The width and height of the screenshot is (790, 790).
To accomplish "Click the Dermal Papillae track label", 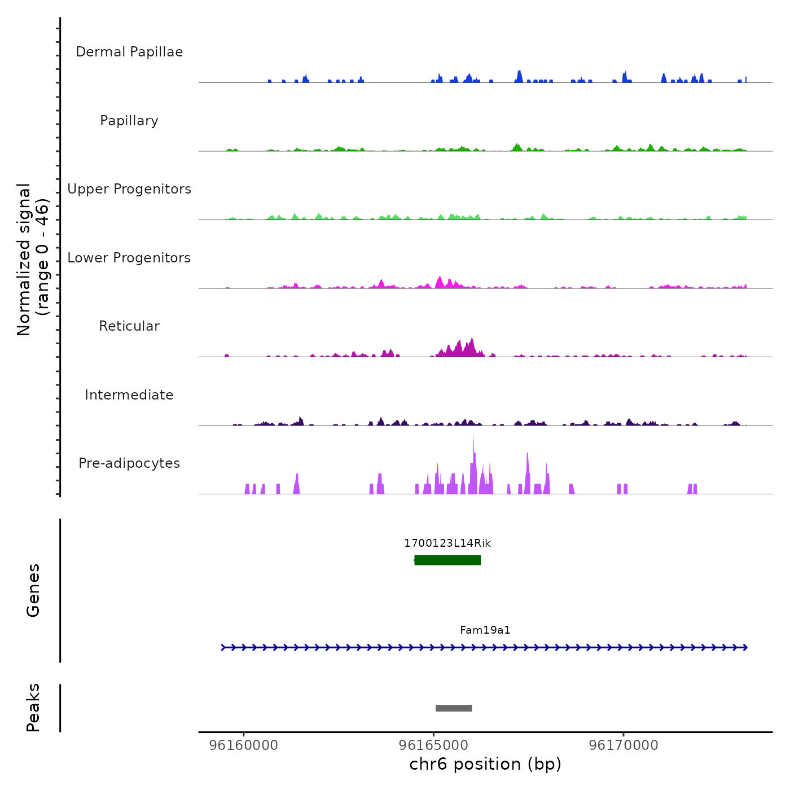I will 129,52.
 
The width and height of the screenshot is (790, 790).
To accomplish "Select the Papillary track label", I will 129,121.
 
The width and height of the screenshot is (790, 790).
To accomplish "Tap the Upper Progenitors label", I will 129,189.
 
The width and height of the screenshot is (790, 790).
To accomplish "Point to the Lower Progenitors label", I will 129,258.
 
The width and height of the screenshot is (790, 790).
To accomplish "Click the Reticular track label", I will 129,326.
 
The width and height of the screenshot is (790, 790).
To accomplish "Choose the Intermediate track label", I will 129,395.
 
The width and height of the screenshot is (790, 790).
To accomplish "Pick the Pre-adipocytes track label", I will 129,463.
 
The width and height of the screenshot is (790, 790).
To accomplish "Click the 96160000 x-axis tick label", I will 244,745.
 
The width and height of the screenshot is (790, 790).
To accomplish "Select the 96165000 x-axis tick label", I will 433,745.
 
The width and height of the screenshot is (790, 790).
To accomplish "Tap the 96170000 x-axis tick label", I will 624,745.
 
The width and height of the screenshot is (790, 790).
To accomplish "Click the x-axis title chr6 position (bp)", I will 485,764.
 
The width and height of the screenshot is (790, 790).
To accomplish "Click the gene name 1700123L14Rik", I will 447,543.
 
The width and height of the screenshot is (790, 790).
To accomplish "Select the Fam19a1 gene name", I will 485,630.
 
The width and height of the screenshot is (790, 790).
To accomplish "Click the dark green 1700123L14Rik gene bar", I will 447,560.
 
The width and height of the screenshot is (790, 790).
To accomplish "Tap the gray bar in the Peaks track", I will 454,708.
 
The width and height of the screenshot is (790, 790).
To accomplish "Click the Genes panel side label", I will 33,590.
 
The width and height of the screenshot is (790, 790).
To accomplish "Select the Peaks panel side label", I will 33,708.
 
